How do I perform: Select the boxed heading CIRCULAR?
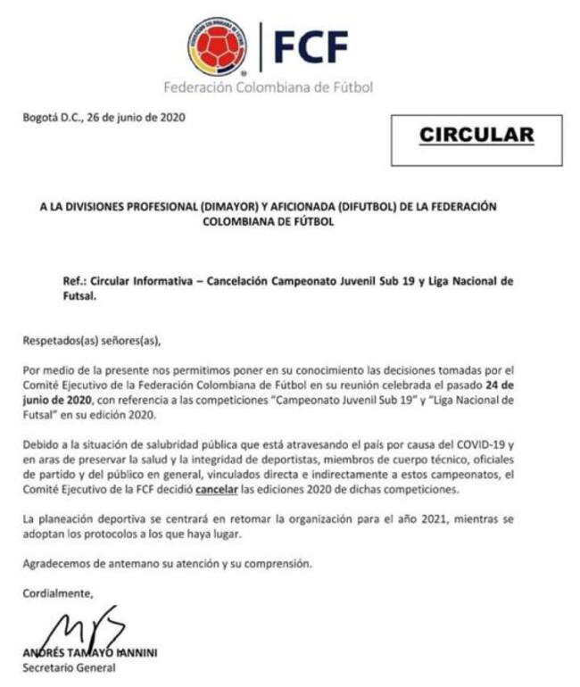476,136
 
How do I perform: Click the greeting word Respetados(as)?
55,340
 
